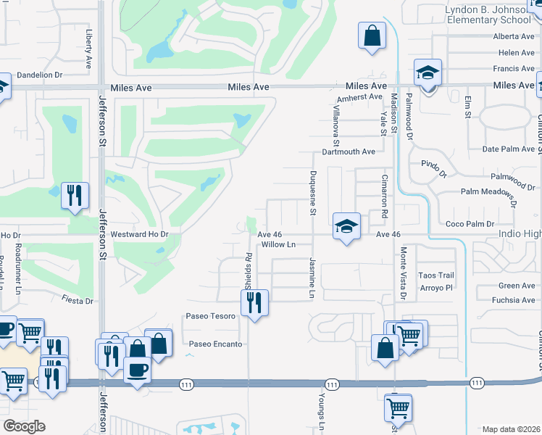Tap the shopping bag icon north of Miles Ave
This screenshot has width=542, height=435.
(372, 36)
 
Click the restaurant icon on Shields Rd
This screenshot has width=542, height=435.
(254, 302)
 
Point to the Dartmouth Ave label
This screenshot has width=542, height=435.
(349, 152)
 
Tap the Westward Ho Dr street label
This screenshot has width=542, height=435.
(139, 235)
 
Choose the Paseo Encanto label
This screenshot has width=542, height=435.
(215, 344)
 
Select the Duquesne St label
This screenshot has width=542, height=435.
(313, 193)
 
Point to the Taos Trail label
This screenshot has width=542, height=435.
(437, 275)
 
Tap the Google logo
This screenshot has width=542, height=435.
(24, 426)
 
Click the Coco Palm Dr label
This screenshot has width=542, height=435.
(470, 224)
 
